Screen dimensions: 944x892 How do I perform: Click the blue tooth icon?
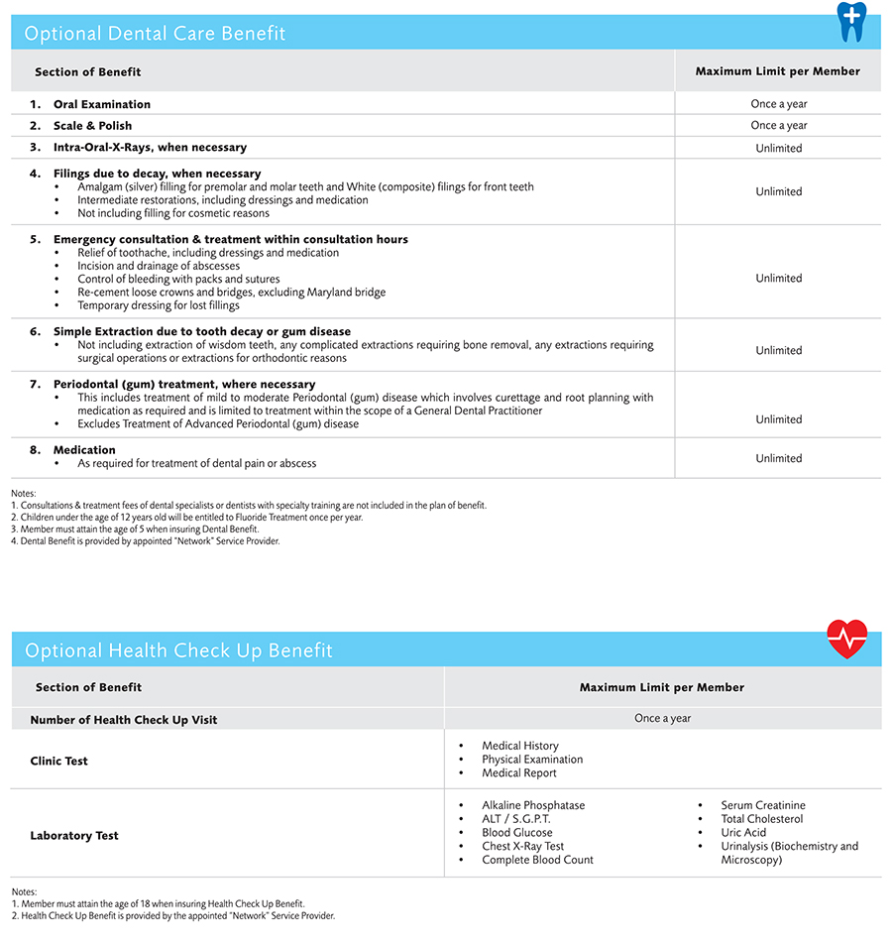click(850, 21)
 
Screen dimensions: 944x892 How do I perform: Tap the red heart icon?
click(846, 639)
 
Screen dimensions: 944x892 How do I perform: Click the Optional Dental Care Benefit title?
click(155, 34)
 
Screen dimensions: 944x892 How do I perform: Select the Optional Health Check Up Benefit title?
click(178, 650)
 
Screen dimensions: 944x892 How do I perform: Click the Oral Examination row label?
click(102, 104)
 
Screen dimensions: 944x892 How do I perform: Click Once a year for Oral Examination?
click(779, 104)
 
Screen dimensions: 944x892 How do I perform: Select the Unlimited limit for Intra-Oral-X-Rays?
click(779, 148)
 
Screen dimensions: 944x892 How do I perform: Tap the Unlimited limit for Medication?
click(779, 458)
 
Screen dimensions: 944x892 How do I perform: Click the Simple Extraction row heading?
click(202, 331)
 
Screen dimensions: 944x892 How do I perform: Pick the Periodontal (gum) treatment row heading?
click(184, 384)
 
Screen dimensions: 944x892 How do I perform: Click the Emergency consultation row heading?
click(231, 239)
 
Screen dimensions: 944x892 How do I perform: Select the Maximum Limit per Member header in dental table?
click(778, 71)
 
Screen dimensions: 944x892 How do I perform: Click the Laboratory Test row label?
click(74, 836)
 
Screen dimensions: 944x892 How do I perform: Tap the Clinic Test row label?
click(58, 762)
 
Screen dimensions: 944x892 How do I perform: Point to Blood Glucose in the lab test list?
click(517, 833)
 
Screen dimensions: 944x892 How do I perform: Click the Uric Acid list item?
click(743, 833)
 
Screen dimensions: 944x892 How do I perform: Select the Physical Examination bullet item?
click(532, 760)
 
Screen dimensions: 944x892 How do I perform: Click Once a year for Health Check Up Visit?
click(663, 719)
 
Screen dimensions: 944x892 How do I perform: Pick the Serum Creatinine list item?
click(763, 805)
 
